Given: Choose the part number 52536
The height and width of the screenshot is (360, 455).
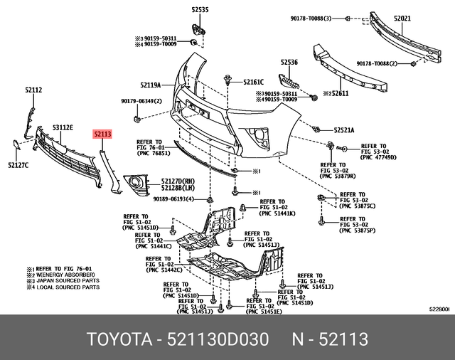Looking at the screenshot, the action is pos(289,63).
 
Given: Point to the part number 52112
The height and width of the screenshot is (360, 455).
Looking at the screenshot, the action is pos(33,90).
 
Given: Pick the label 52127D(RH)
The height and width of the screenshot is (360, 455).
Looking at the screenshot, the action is pos(178,181).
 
